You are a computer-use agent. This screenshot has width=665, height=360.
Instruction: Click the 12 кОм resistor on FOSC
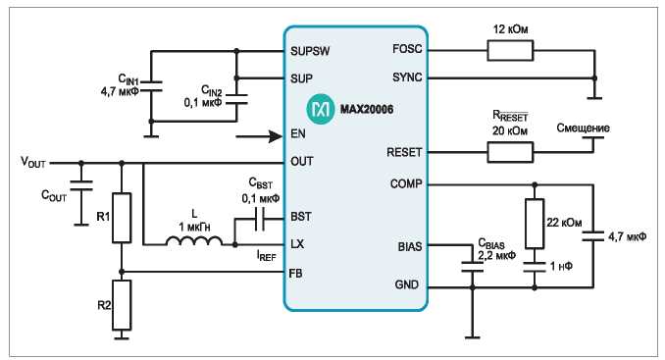pos(510,50)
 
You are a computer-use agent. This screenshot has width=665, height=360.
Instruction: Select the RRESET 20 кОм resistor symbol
pos(510,152)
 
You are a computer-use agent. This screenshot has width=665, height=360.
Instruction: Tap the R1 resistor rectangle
pos(122,218)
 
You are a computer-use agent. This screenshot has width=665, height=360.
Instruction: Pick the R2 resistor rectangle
pos(122,305)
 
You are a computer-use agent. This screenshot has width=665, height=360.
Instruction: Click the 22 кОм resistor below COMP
pos(535,224)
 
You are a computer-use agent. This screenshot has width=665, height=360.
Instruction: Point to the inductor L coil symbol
pos(194,241)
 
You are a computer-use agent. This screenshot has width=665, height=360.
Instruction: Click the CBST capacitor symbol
pos(260,219)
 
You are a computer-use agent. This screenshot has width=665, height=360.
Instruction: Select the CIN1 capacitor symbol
pos(151,86)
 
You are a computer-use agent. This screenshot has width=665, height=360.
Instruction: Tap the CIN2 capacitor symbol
pos(236,99)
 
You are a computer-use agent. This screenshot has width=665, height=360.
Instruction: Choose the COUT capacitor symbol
pos(81,185)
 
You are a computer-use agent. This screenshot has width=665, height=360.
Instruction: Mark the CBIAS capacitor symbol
pos(473,267)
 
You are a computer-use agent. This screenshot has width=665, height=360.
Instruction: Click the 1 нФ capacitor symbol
pos(535,267)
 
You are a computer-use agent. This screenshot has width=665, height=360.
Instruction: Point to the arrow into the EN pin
pos(259,136)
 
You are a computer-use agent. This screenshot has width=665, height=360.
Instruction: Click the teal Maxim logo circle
pos(321,109)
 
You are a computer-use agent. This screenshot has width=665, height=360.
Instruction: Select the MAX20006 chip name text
pos(367,110)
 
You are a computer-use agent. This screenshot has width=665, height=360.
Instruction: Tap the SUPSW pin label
pos(310,51)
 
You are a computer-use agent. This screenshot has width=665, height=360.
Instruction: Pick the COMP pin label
pos(406,184)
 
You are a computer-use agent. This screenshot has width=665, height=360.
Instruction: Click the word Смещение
pos(584,129)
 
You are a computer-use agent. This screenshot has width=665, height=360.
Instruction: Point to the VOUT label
pos(33,162)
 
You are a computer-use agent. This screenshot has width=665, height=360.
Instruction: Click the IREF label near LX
pos(267,255)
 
